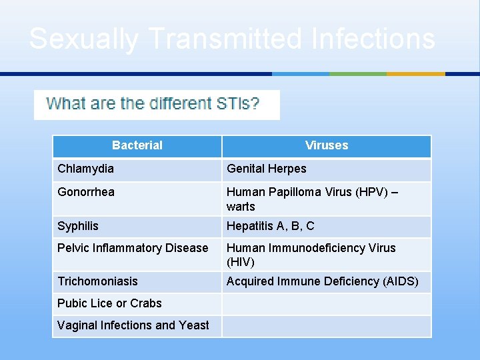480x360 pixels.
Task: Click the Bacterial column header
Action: [x=137, y=145]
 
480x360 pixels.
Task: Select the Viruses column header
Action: [x=327, y=145]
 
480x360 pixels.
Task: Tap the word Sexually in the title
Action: [x=84, y=39]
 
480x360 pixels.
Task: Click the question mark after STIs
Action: [x=255, y=104]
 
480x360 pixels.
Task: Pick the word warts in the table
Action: [x=241, y=207]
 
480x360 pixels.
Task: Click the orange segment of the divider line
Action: [x=416, y=74]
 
